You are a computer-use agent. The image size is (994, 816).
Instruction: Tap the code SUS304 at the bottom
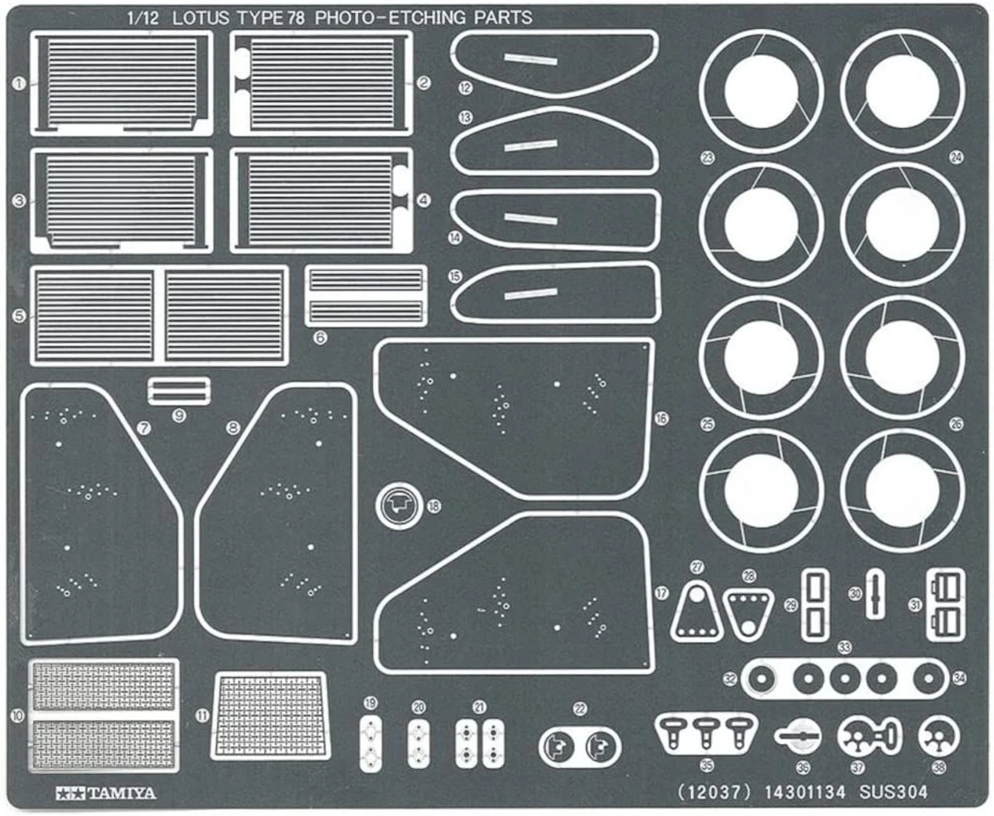coord(893,792)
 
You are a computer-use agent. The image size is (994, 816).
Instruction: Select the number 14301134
coord(804,792)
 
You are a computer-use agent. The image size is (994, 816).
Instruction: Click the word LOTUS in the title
coord(198,18)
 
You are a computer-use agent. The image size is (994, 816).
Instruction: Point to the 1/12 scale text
coord(143,18)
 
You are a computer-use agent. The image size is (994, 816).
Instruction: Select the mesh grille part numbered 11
coord(269,715)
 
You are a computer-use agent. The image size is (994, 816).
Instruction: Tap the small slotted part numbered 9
coord(179,391)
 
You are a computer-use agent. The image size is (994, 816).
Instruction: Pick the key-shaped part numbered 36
coord(798,735)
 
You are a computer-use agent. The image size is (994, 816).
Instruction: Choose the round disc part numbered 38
coord(939,737)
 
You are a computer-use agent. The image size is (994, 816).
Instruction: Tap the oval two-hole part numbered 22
coord(579,746)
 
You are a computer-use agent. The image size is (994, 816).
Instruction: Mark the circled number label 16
coord(661,418)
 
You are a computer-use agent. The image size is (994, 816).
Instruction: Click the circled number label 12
coord(465,88)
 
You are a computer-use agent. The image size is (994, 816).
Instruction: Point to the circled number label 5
coord(19,315)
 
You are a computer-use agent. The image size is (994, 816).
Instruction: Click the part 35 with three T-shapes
coord(705,731)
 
